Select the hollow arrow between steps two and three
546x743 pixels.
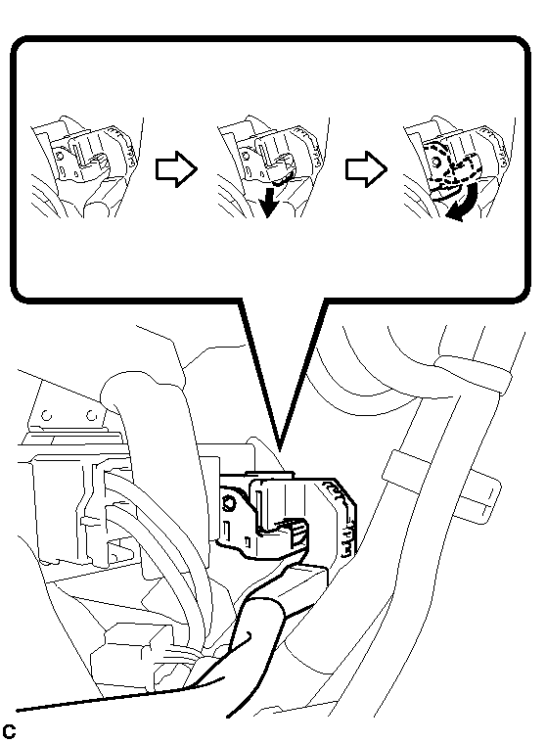click(x=365, y=168)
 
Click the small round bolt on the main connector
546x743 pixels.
click(x=232, y=503)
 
